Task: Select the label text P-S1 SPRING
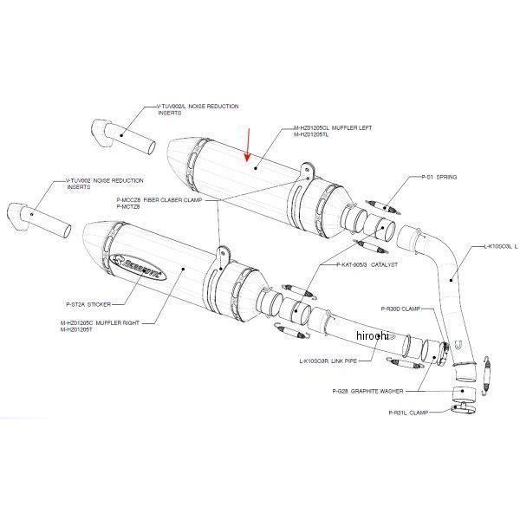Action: pos(439,176)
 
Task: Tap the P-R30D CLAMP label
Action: pos(400,308)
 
